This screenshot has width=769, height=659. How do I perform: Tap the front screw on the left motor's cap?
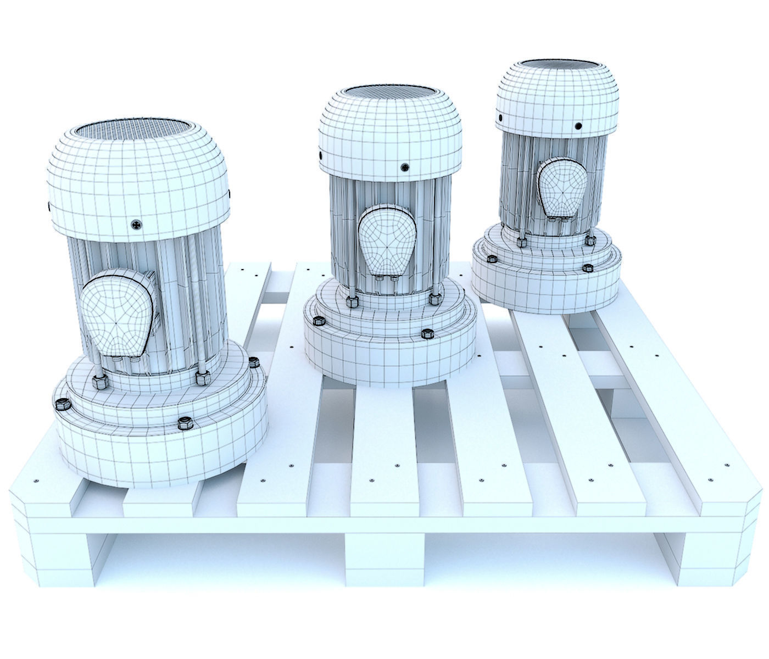(136, 224)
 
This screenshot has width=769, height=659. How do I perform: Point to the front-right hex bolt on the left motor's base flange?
(185, 423)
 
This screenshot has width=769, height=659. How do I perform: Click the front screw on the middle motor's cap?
(405, 166)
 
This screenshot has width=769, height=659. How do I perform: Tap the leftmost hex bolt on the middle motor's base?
(317, 322)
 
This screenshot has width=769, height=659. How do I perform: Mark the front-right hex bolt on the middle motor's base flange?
(426, 333)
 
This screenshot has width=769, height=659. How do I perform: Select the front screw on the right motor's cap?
(578, 126)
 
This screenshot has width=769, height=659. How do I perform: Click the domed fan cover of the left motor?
(137, 176)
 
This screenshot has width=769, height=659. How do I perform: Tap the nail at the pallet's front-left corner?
(36, 482)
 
